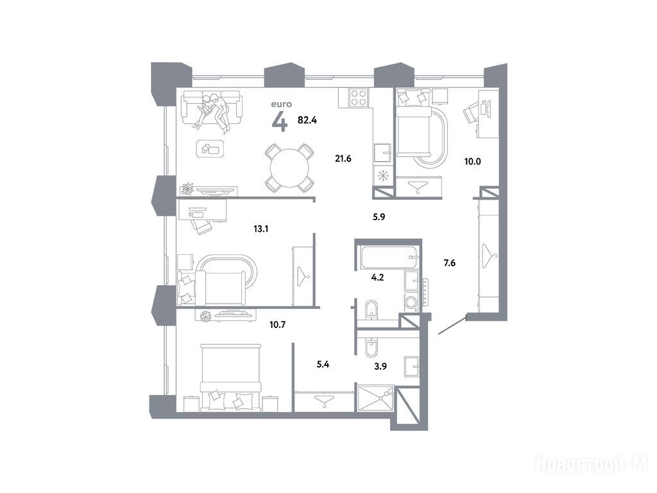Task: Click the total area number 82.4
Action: (x=307, y=120)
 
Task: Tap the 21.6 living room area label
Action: (x=343, y=159)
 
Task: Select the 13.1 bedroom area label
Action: (x=261, y=229)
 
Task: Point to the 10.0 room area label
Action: (x=473, y=161)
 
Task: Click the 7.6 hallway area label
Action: (x=450, y=263)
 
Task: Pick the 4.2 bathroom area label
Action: (x=377, y=277)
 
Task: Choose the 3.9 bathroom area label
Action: (x=380, y=367)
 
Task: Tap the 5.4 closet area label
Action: (x=323, y=365)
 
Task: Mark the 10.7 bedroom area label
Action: (x=277, y=324)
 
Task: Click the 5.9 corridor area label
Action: (x=379, y=217)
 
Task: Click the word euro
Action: (x=281, y=104)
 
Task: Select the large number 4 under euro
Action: (x=280, y=123)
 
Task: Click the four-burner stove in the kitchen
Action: (x=359, y=98)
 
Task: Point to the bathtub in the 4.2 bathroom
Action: (x=388, y=257)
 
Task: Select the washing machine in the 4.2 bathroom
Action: (x=411, y=302)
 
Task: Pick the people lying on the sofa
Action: (x=214, y=112)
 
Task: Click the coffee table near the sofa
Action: (x=210, y=148)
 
